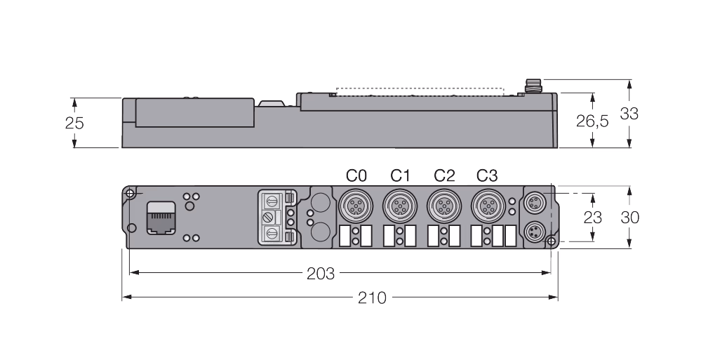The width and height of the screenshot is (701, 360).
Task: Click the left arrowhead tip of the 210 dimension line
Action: [123, 297]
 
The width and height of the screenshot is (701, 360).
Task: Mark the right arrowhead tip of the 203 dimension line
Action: [551, 272]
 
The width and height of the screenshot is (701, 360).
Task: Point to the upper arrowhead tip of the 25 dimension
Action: [74, 98]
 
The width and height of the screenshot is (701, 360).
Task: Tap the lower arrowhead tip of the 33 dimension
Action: [629, 147]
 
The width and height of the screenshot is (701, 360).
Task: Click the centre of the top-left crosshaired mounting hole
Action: [130, 194]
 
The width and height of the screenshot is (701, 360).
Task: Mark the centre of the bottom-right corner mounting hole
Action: [552, 241]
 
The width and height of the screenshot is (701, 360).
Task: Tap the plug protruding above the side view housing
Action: [533, 86]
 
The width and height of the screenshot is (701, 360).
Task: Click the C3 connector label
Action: [487, 175]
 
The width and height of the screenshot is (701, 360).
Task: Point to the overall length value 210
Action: [372, 298]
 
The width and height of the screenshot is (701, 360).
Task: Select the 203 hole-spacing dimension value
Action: [321, 273]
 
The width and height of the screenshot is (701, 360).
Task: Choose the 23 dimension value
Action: [592, 218]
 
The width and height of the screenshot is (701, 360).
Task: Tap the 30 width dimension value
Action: [629, 218]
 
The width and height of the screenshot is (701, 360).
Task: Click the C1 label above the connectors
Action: [400, 175]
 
